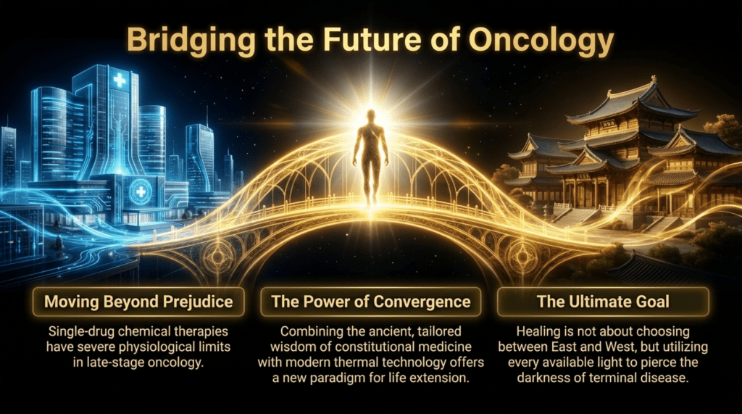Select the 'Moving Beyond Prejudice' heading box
[138, 302]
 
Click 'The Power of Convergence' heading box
[371, 302]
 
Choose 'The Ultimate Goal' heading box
[604, 302]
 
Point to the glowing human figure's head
[371, 117]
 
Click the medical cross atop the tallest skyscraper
[120, 80]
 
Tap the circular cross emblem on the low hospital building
[141, 192]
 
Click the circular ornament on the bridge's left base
[217, 256]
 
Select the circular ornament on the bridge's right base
[522, 256]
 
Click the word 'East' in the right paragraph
[566, 347]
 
